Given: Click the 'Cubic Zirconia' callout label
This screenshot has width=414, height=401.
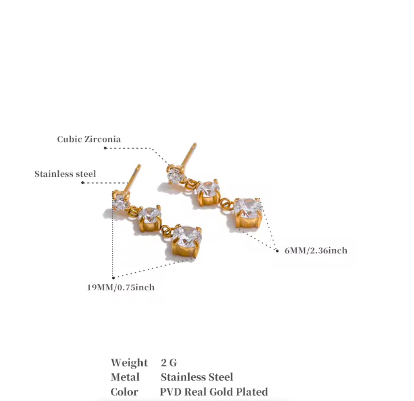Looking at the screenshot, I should pyautogui.click(x=89, y=139).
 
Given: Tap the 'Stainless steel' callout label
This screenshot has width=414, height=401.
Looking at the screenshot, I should pyautogui.click(x=65, y=174).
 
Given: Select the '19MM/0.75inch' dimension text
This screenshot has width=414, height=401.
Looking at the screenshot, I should pyautogui.click(x=121, y=287).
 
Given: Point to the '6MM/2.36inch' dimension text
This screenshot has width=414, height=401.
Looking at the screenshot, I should pyautogui.click(x=316, y=250).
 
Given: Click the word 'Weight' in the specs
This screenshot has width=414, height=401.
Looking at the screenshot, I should pyautogui.click(x=129, y=363).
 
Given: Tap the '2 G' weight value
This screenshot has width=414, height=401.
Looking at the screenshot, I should pyautogui.click(x=169, y=363).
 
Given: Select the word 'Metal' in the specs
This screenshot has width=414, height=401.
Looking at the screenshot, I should pyautogui.click(x=125, y=377).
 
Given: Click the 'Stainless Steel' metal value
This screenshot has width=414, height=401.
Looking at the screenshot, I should pyautogui.click(x=197, y=377).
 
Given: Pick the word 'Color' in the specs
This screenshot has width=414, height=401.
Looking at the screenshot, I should pyautogui.click(x=124, y=392).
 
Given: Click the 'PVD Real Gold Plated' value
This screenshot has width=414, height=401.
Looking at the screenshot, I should pyautogui.click(x=214, y=392).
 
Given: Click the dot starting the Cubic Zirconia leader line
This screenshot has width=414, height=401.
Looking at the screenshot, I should pyautogui.click(x=105, y=148).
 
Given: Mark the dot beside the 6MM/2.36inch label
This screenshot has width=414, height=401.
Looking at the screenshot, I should pyautogui.click(x=277, y=250).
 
